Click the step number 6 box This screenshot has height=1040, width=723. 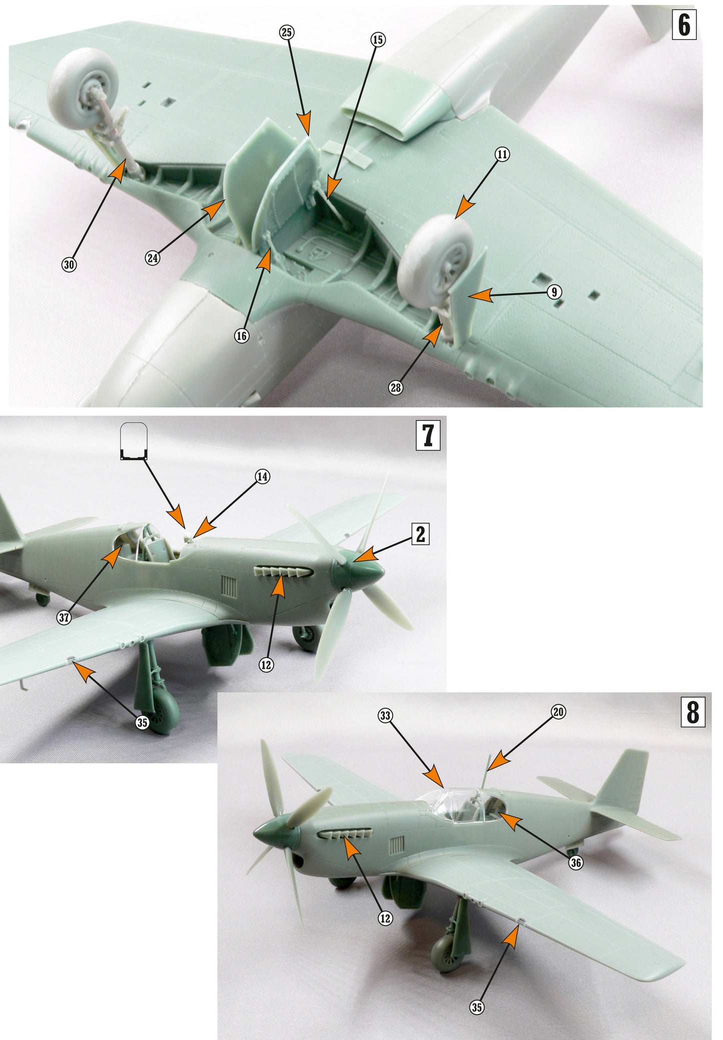(x=683, y=25)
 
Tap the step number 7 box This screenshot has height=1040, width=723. (x=428, y=435)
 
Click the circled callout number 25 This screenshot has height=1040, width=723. (x=286, y=33)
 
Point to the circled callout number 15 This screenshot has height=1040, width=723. (x=378, y=40)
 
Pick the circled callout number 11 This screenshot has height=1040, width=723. (x=502, y=155)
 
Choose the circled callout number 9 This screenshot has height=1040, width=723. (x=553, y=292)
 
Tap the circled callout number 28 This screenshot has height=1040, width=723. (x=396, y=387)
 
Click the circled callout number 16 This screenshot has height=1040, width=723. (x=242, y=336)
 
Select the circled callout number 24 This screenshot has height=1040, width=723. (x=153, y=258)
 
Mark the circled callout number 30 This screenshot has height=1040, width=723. (x=69, y=265)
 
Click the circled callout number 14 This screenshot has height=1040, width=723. (x=263, y=476)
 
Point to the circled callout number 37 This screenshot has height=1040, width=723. (x=64, y=618)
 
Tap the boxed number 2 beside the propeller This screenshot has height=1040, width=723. (x=420, y=534)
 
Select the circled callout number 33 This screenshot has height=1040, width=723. (x=385, y=716)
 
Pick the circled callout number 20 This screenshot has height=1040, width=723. (x=558, y=712)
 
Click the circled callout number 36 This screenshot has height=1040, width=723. (x=576, y=862)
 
